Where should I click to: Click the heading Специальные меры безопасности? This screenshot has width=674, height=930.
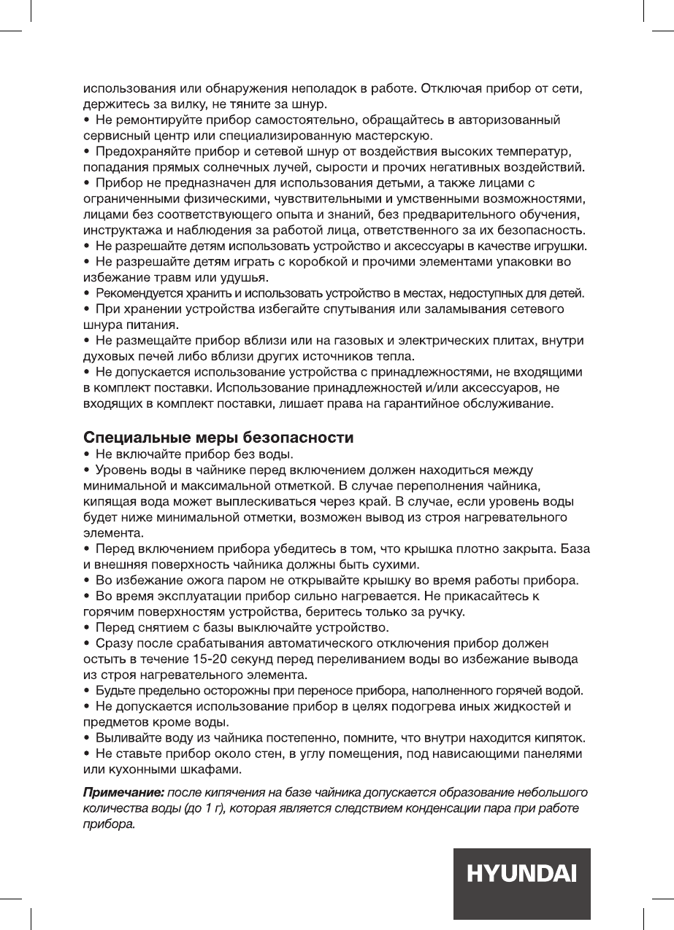tap(219, 439)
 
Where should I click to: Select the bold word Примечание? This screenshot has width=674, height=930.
tap(122, 792)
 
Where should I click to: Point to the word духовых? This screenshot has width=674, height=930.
tap(107, 356)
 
